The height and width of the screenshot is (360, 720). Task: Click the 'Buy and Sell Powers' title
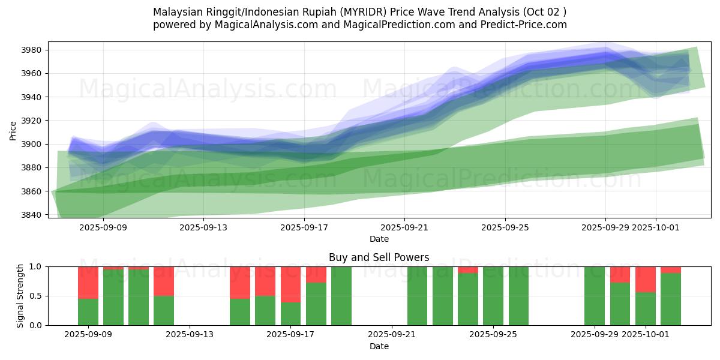[379, 257]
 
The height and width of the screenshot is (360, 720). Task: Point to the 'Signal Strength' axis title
[20, 296]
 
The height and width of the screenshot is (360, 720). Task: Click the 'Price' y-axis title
[13, 130]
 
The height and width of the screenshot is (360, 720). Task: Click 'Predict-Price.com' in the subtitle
[518, 25]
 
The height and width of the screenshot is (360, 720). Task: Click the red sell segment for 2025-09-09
[88, 282]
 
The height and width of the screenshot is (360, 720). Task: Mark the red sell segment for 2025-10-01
[646, 279]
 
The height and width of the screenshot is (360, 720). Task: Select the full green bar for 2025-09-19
[341, 296]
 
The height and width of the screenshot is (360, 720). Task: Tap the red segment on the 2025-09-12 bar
[164, 281]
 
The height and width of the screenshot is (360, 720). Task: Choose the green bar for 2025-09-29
[595, 296]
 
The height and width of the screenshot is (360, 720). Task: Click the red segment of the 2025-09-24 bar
[468, 269]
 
